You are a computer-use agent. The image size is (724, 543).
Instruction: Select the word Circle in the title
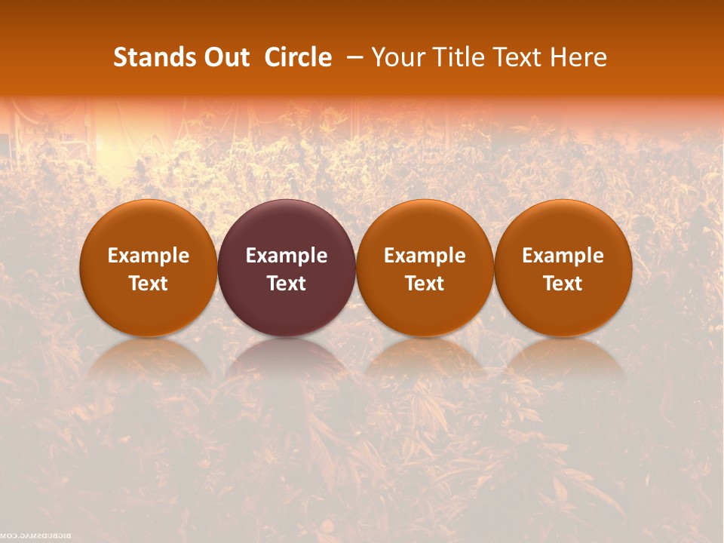(298, 57)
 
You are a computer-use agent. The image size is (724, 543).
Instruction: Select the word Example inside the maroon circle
(287, 256)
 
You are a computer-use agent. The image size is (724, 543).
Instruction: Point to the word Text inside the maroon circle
(287, 284)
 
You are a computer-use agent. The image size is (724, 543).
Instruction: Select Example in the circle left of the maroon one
(148, 256)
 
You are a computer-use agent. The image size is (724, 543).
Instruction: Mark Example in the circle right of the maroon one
(425, 256)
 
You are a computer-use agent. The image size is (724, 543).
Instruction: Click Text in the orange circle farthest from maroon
(563, 284)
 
